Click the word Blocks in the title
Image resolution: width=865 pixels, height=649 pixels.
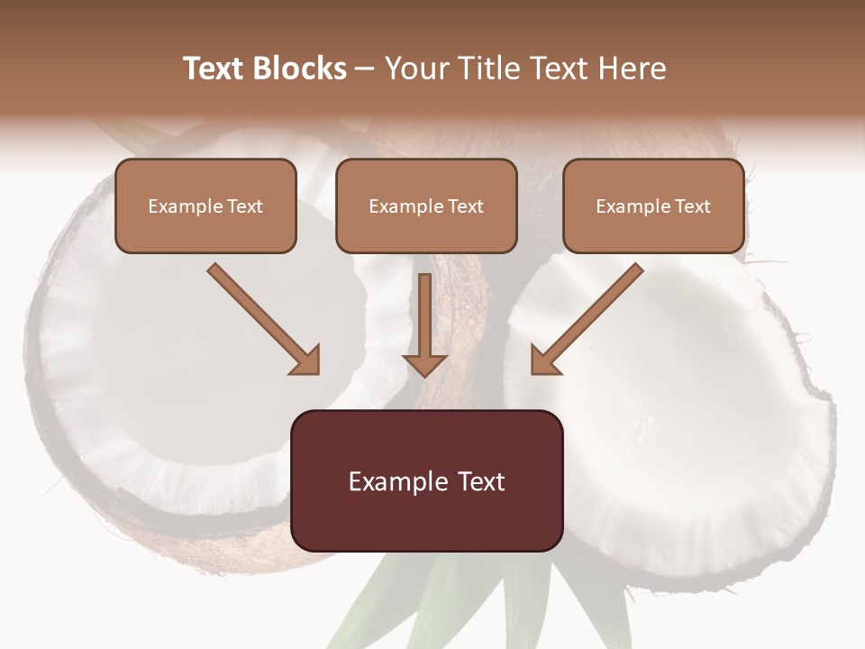pyautogui.click(x=301, y=69)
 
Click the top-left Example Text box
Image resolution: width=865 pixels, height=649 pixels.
pyautogui.click(x=205, y=206)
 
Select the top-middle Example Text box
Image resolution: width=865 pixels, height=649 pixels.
pyautogui.click(x=426, y=206)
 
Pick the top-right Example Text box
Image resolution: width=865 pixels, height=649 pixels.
pyautogui.click(x=653, y=206)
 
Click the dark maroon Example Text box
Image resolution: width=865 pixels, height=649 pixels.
pyautogui.click(x=426, y=480)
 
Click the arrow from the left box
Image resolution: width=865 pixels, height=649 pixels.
pyautogui.click(x=261, y=317)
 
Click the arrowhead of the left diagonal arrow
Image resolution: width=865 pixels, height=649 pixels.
pyautogui.click(x=306, y=361)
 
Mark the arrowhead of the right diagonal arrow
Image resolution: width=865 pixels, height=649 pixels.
pyautogui.click(x=544, y=361)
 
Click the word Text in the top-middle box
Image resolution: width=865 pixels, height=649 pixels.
pyautogui.click(x=466, y=206)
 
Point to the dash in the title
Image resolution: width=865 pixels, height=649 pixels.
pyautogui.click(x=365, y=69)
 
